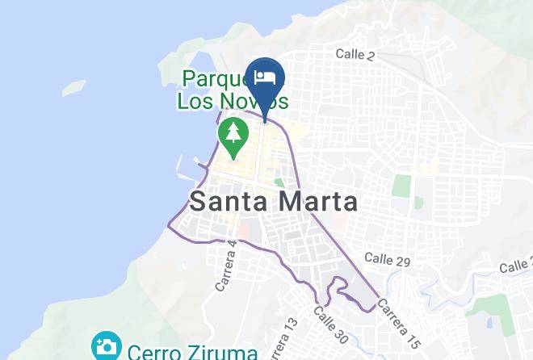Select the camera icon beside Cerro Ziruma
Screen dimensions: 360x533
pos(106,348)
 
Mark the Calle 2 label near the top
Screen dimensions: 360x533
pos(355,54)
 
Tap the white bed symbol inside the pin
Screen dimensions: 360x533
pos(265,77)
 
